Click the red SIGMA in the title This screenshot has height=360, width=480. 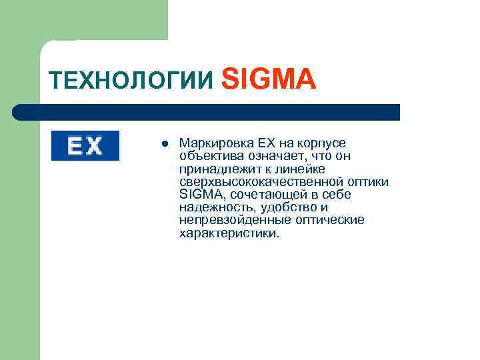[x=267, y=79]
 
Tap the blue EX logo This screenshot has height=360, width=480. [x=85, y=146]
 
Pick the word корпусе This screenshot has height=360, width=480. [x=323, y=143]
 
